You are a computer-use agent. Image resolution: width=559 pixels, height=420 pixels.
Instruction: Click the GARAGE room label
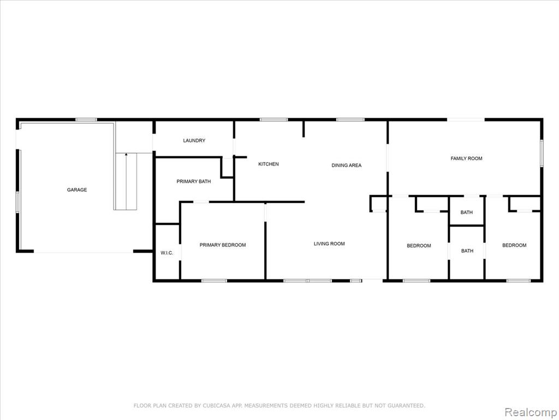[77, 190]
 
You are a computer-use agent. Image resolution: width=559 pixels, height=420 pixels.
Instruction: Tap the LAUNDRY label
[194, 141]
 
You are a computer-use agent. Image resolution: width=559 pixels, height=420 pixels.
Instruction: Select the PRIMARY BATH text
[194, 182]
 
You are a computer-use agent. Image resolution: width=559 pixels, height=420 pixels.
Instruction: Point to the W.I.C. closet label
[167, 253]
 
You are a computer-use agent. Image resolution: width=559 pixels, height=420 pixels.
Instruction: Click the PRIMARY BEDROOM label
[223, 244]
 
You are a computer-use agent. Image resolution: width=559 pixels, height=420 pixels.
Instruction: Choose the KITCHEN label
[269, 164]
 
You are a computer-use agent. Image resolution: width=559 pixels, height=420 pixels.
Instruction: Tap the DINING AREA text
[347, 165]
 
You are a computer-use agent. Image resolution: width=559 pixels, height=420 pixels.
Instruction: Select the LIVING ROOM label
[329, 243]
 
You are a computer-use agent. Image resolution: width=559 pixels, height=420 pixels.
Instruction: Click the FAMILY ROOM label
[466, 158]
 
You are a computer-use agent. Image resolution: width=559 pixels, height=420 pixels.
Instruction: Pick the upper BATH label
[466, 212]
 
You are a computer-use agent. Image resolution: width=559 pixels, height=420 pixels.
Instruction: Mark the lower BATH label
[467, 250]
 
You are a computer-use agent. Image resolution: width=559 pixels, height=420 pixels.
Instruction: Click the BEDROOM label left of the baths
[419, 246]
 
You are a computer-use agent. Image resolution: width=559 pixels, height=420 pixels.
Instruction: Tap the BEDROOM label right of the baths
[514, 245]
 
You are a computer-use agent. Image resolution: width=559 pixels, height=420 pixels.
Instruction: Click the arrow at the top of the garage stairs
[126, 155]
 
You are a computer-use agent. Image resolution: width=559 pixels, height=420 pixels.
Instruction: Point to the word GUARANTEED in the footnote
[406, 405]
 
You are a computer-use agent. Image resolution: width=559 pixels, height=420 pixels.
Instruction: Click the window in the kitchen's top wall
[273, 120]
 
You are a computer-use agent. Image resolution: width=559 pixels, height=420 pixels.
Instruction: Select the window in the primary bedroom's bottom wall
[214, 281]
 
